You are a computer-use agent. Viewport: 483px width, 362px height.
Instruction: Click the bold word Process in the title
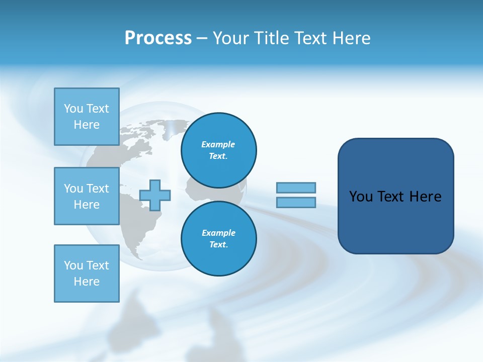coord(158,38)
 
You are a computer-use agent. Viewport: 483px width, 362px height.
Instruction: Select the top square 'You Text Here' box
coord(87,117)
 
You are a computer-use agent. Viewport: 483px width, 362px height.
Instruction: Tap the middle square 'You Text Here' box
coord(87,196)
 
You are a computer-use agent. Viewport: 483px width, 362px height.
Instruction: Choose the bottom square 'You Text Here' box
coord(87,274)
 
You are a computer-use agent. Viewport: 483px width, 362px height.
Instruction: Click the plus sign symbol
coord(155,195)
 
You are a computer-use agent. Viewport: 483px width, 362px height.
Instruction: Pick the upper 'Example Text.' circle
coord(218,150)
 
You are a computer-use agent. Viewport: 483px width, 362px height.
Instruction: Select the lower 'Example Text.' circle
coord(218,239)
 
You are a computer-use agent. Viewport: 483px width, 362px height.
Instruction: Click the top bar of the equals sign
coord(296,188)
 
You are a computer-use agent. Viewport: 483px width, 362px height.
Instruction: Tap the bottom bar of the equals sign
coord(296,202)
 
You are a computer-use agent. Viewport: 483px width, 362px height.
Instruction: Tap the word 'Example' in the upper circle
coord(218,144)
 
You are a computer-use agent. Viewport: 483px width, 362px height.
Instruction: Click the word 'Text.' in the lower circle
coord(218,245)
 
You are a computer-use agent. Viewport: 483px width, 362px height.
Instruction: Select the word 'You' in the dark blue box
coord(361,197)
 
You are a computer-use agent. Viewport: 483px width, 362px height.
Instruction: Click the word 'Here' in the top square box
coord(87,125)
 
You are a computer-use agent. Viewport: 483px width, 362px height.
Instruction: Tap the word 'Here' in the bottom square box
coord(87,282)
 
